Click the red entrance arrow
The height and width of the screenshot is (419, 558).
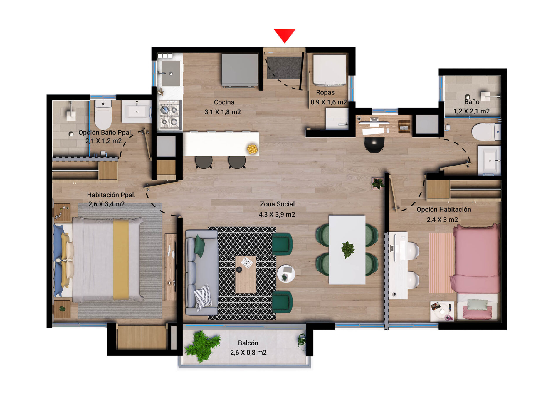(x=285, y=35)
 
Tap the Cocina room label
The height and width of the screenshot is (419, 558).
(x=224, y=102)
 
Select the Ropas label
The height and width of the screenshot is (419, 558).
(x=325, y=93)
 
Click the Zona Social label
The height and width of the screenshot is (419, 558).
(x=277, y=204)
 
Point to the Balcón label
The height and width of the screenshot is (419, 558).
(x=248, y=343)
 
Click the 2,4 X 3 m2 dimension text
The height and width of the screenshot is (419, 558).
(x=442, y=220)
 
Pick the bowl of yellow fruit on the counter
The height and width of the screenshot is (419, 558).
(x=252, y=149)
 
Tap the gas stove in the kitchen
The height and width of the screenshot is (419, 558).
(x=169, y=115)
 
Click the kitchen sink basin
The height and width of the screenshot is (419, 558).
(x=171, y=74)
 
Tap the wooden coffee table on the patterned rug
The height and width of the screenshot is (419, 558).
(x=246, y=275)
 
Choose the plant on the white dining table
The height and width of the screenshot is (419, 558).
(x=348, y=250)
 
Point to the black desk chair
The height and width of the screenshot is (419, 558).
(x=374, y=144)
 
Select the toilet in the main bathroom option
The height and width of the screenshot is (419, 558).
(x=103, y=114)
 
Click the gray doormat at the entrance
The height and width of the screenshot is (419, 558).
(x=284, y=68)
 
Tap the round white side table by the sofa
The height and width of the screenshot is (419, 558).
(x=286, y=274)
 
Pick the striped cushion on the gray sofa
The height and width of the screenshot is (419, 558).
(x=203, y=297)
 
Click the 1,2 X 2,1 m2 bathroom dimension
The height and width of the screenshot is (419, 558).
(x=471, y=111)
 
